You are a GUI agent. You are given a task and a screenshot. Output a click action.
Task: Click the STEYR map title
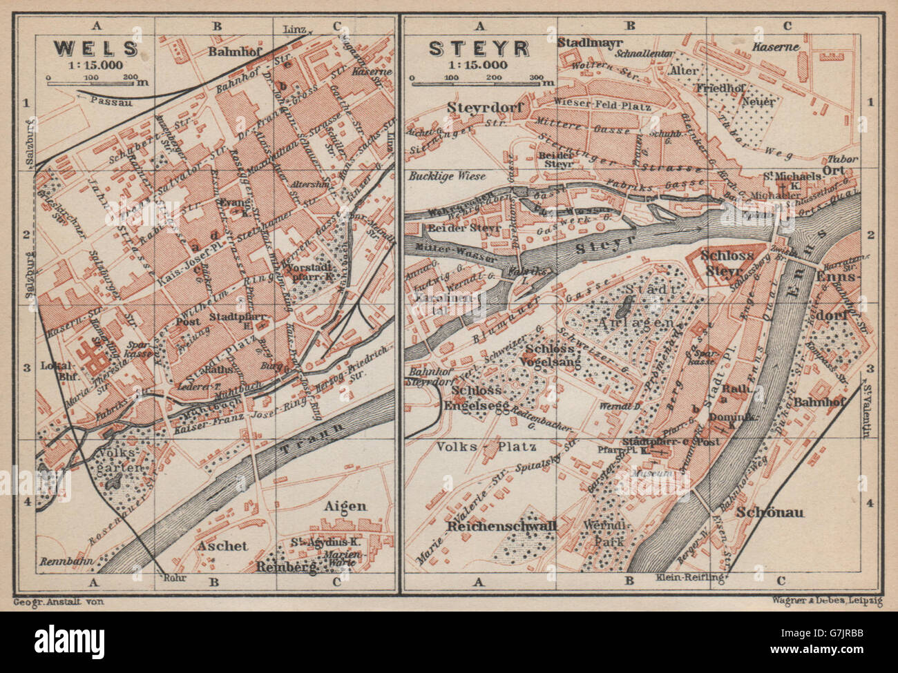click(x=479, y=48)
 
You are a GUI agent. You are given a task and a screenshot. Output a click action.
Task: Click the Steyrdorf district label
click(x=488, y=108)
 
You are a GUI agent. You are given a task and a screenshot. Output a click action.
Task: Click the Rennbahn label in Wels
click(x=62, y=560)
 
